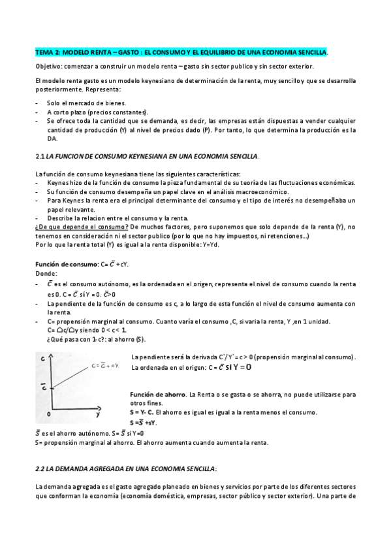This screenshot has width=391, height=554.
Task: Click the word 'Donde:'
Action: pos(46,273)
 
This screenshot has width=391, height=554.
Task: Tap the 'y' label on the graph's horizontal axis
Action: pos(97,414)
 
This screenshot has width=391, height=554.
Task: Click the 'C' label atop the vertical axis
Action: pos(42,359)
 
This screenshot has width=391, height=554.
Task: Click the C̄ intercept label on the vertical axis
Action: pos(42,387)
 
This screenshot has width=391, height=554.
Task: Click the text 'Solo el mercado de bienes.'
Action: pos(86,103)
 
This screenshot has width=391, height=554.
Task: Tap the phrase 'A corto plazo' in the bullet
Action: pos(67,112)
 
